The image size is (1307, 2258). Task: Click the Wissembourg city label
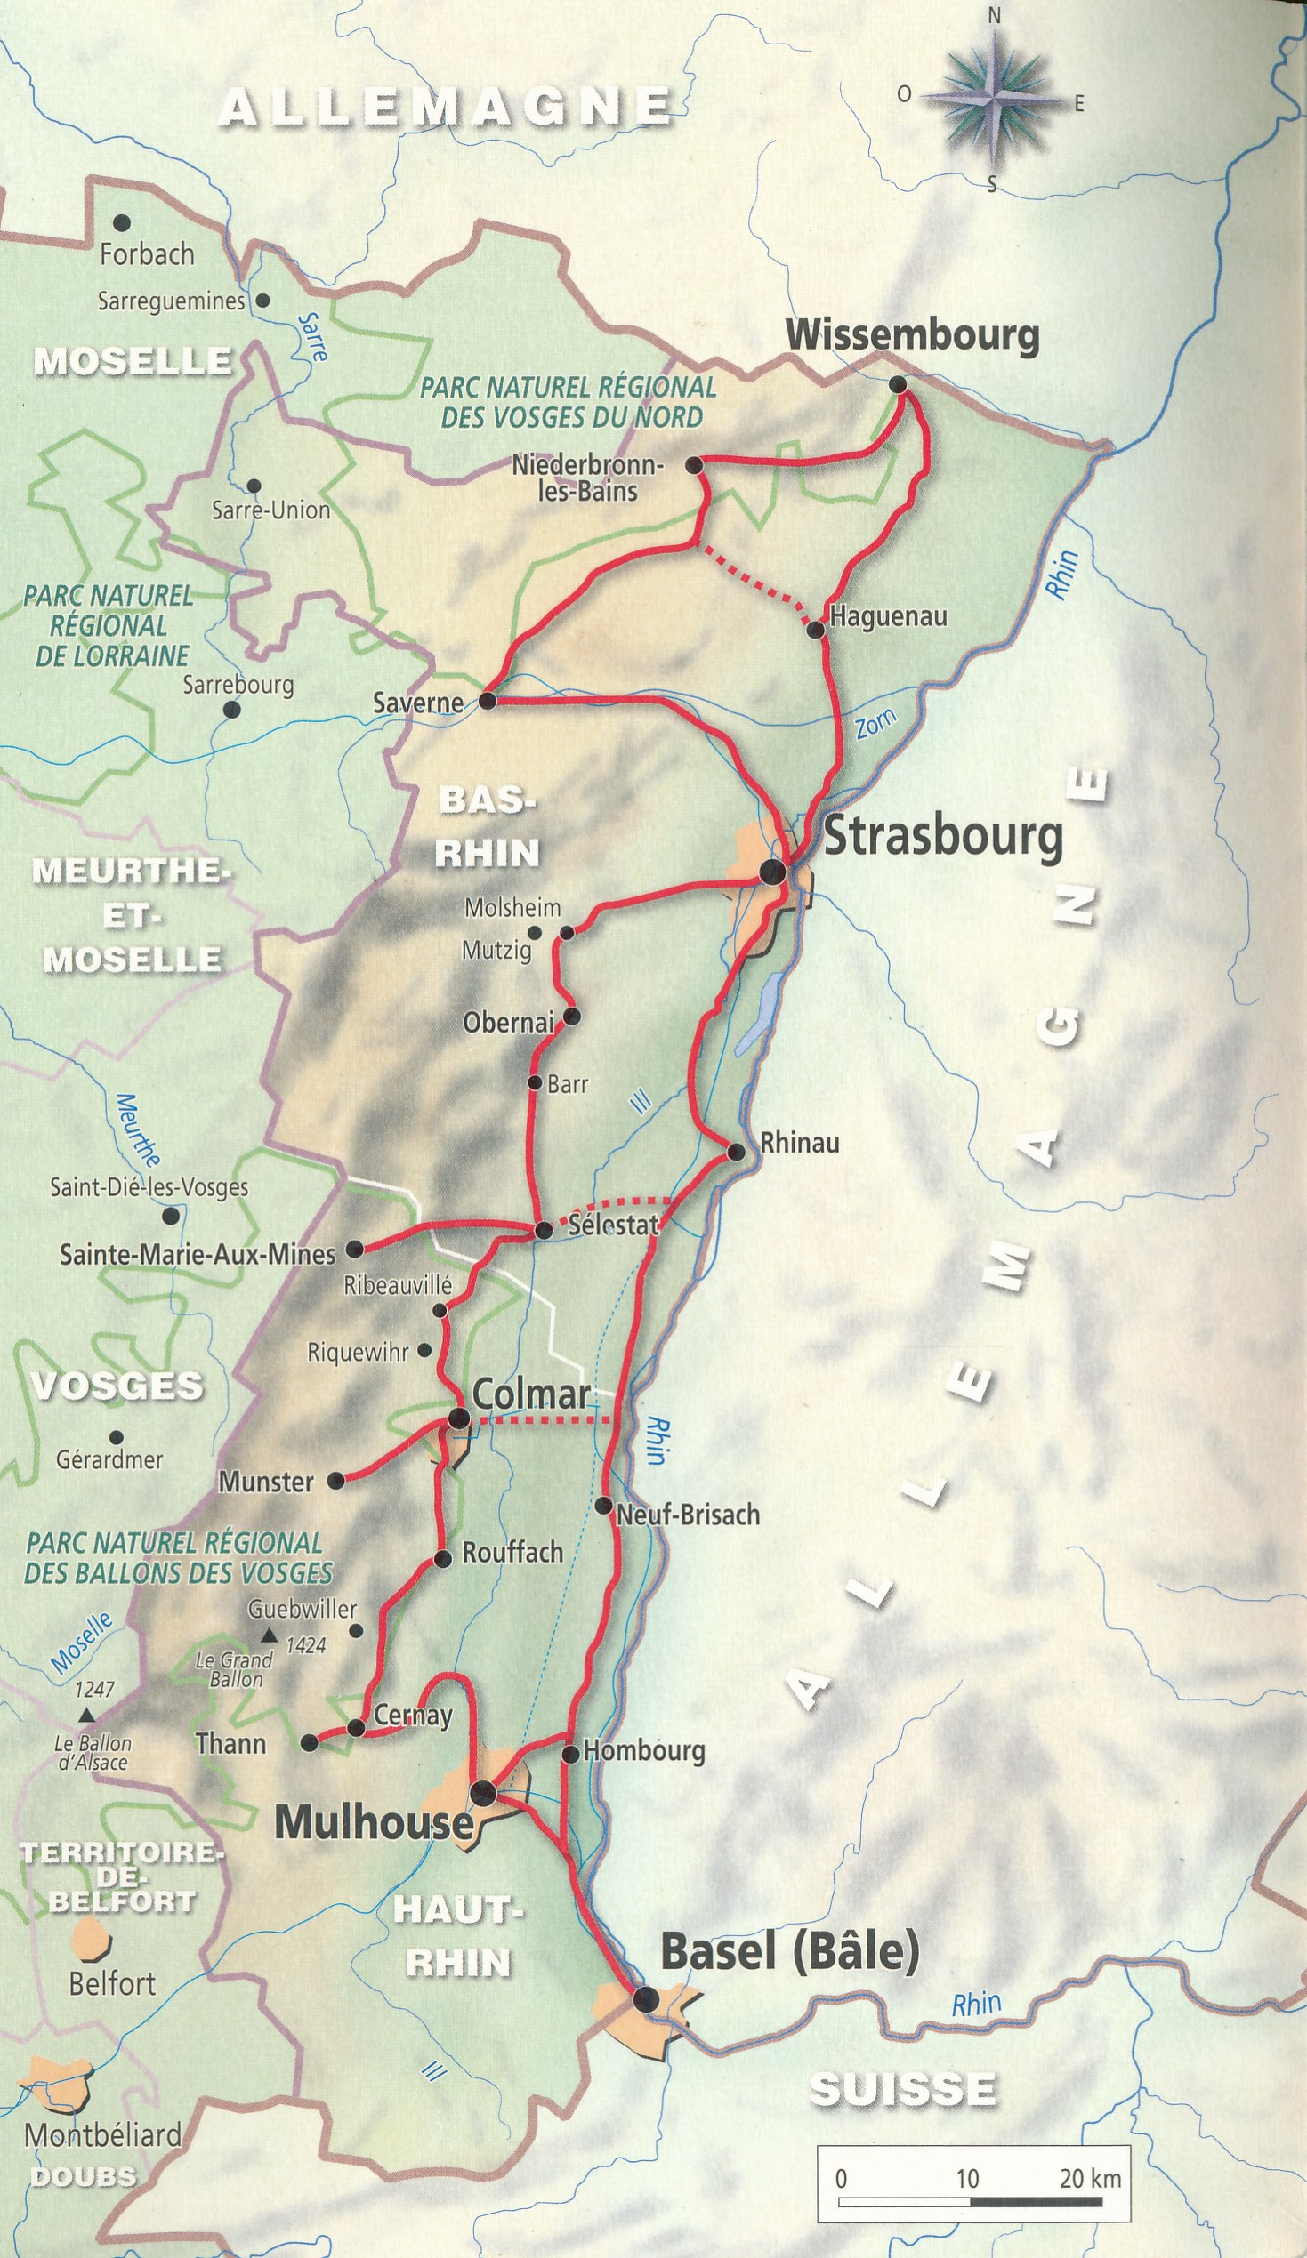[912, 335]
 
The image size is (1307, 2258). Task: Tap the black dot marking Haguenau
[815, 630]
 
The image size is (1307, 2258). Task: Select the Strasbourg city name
[943, 836]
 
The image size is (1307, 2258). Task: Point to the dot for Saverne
[488, 701]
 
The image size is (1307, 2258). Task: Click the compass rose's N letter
[994, 15]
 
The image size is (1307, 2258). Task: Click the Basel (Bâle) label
[790, 1953]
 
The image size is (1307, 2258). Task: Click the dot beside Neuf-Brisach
[603, 1506]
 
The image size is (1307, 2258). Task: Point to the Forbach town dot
[121, 222]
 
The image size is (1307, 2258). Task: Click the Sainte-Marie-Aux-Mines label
[198, 1254]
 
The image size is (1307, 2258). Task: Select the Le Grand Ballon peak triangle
[267, 1637]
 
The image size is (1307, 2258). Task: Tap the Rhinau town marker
[736, 1153]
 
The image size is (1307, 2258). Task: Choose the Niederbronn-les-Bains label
[587, 478]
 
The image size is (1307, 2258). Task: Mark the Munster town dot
[335, 1482]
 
